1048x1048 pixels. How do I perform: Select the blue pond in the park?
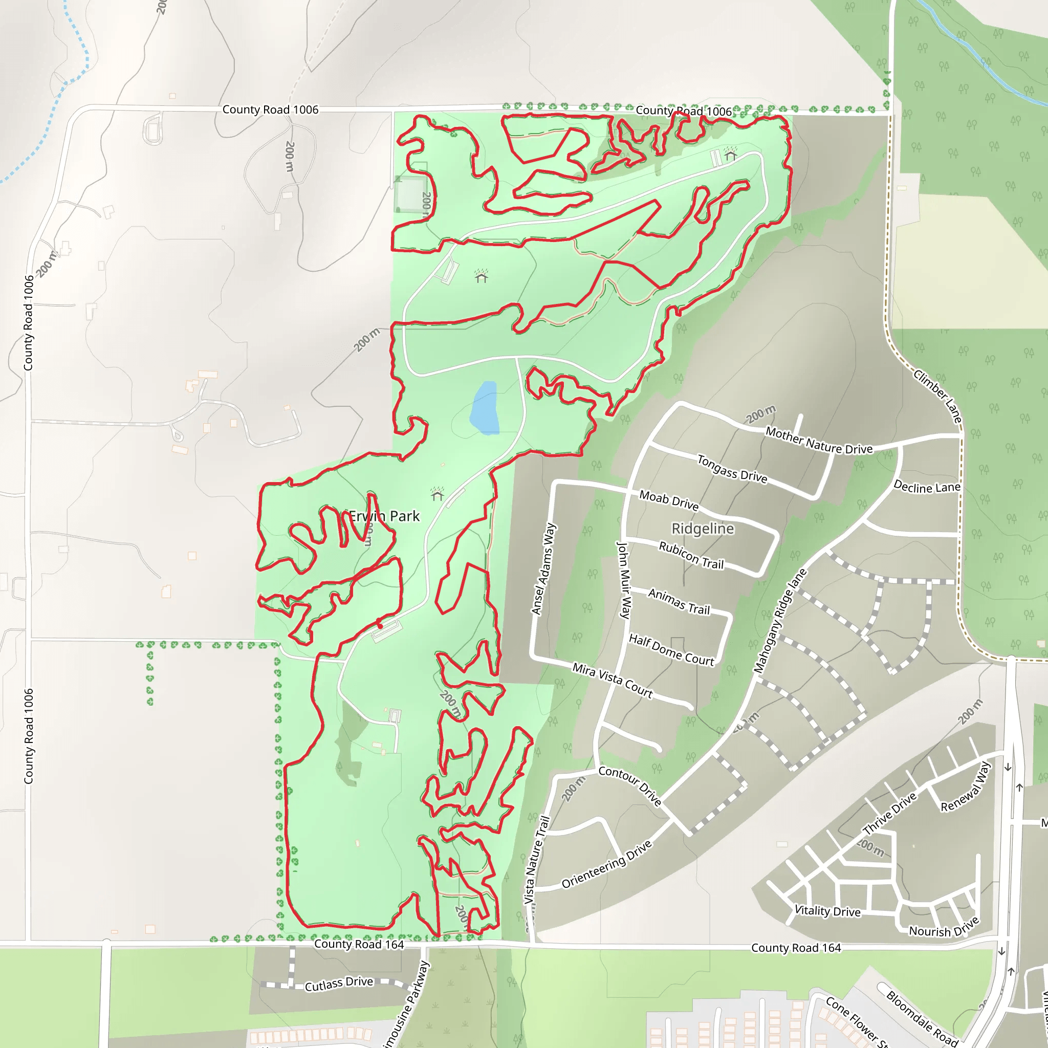pyautogui.click(x=485, y=407)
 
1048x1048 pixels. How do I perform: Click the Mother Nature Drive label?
pyautogui.click(x=819, y=441)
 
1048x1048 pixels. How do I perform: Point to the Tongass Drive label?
pyautogui.click(x=732, y=469)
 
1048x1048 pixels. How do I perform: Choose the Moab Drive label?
pyautogui.click(x=669, y=500)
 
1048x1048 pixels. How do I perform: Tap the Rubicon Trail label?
pyautogui.click(x=691, y=555)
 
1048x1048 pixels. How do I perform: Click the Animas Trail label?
pyautogui.click(x=679, y=602)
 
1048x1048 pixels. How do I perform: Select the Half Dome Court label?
pyautogui.click(x=671, y=649)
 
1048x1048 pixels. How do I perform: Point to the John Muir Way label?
pyautogui.click(x=624, y=580)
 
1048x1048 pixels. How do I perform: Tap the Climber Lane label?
pyautogui.click(x=937, y=397)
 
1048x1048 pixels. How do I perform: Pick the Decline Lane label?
pyautogui.click(x=927, y=487)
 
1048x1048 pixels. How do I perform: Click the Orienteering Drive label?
pyautogui.click(x=606, y=865)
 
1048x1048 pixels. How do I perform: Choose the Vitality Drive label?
pyautogui.click(x=827, y=911)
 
